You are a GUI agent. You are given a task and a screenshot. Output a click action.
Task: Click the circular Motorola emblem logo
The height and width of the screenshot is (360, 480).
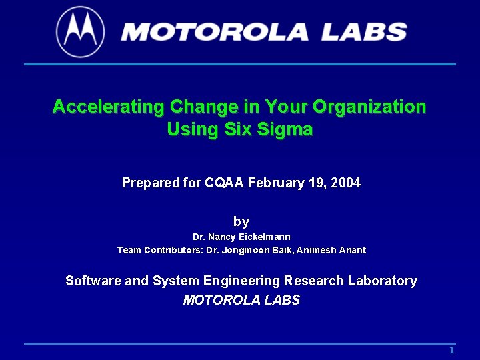coord(81,31)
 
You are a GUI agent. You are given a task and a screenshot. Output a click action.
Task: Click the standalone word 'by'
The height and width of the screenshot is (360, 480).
coord(241,221)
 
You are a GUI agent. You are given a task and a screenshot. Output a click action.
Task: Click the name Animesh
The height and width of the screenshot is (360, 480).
coord(317,251)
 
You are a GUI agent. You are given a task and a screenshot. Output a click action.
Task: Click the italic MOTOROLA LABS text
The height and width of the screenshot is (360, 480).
coord(241,300)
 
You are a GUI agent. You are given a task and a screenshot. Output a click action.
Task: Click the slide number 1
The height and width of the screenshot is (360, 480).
coord(451,351)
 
